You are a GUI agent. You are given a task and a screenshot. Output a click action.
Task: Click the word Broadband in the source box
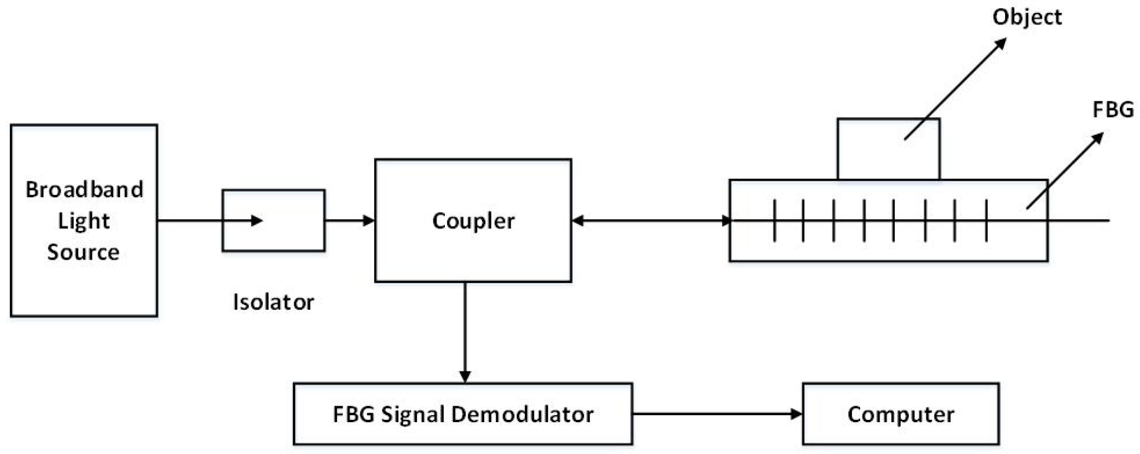[x=84, y=190]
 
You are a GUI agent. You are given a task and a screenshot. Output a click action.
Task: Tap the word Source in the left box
[x=83, y=252]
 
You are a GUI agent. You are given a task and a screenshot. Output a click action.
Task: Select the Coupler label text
[x=473, y=221]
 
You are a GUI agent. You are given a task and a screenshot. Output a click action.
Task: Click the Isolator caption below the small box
[x=273, y=302]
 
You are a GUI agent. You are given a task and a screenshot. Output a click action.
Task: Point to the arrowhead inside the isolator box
[x=257, y=221]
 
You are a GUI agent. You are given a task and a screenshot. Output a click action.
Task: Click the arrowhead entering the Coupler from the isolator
[x=369, y=221]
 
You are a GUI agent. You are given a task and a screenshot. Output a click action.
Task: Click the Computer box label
[x=900, y=415]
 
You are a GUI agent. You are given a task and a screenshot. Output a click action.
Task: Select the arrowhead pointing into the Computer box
[x=796, y=414]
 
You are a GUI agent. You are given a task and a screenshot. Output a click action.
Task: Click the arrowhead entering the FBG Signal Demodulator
[x=465, y=376]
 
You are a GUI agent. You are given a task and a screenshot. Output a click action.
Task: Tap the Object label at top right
[x=1027, y=17]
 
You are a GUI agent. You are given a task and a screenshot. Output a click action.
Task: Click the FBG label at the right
[x=1113, y=110]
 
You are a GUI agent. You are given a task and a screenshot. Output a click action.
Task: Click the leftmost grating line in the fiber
[x=774, y=221]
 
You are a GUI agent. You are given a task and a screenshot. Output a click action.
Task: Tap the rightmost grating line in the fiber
[x=986, y=221]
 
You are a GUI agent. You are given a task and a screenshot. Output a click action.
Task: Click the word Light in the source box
[x=84, y=221]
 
